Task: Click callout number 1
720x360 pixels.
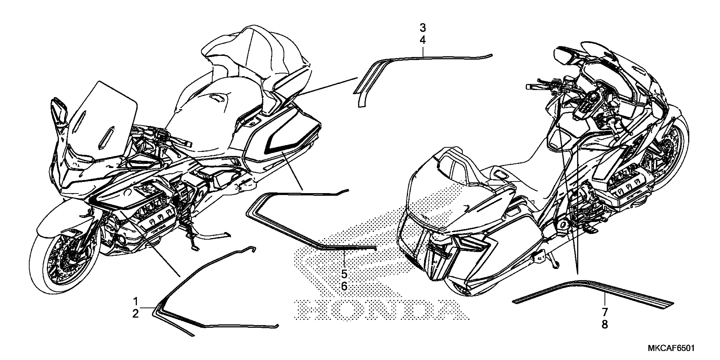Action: point(136,302)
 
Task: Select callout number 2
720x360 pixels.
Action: point(136,314)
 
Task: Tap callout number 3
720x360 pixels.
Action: point(423,28)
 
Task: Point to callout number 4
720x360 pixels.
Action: point(423,40)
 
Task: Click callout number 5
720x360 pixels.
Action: point(344,274)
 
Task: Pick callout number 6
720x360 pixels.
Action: point(344,287)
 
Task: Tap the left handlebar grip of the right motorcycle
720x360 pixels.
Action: point(534,87)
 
